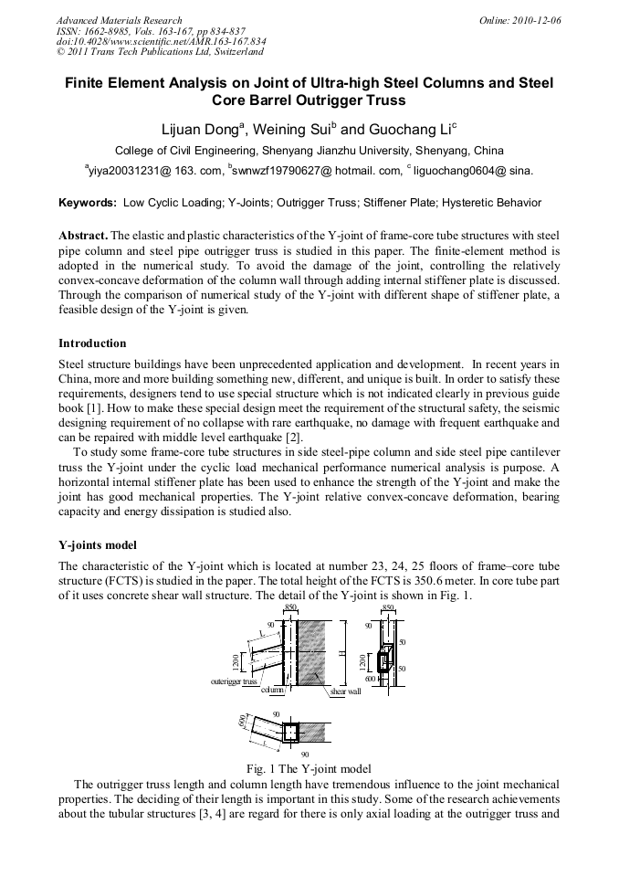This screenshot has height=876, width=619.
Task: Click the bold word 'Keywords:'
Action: (88, 203)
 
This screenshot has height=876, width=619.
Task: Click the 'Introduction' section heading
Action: (92, 343)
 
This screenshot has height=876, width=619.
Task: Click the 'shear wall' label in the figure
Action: (345, 691)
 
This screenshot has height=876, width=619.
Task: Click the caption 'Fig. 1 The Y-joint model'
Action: (309, 768)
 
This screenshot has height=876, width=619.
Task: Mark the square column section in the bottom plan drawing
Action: (290, 733)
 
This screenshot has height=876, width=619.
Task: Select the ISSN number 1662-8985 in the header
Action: (100, 31)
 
